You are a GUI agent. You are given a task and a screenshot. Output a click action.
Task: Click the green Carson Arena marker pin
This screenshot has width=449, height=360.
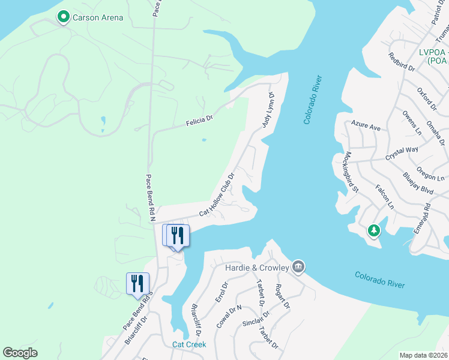click(63, 17)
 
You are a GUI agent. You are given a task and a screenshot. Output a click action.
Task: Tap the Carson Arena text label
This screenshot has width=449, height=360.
click(98, 18)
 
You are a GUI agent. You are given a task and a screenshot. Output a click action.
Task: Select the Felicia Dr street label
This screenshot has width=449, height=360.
click(199, 122)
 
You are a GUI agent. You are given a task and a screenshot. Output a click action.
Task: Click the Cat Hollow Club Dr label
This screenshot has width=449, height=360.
click(216, 195)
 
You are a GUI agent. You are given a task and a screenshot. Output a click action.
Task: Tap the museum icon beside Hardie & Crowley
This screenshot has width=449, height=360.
click(298, 266)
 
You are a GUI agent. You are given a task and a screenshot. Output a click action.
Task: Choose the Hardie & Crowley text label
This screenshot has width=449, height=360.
click(257, 268)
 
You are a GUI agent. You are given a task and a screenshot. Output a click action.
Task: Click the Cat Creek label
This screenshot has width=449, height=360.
click(189, 344)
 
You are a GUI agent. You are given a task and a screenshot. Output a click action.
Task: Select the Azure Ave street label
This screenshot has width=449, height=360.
click(366, 128)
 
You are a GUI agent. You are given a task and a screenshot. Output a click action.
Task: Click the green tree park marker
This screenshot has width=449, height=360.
click(374, 230)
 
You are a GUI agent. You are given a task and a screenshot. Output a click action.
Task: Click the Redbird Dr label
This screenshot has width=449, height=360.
click(402, 62)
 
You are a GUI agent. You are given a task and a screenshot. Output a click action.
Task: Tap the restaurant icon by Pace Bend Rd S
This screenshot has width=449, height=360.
click(137, 282)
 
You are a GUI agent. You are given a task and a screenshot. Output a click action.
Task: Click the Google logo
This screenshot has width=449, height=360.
click(20, 353)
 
